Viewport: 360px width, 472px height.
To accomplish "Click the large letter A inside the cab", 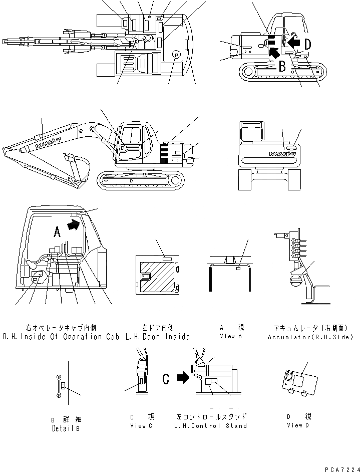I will click(57, 231).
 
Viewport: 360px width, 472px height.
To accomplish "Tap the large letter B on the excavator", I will click(282, 66).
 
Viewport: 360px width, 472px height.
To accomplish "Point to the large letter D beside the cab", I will click(307, 45).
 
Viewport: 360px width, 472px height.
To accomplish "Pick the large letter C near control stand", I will click(166, 379).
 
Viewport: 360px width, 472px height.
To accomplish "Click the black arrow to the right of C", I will click(183, 378).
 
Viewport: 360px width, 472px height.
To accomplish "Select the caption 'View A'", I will click(230, 336).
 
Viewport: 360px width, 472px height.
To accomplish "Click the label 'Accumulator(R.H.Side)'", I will click(310, 337).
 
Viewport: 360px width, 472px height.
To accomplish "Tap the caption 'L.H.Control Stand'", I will click(211, 425).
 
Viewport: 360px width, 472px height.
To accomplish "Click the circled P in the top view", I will click(176, 55).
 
